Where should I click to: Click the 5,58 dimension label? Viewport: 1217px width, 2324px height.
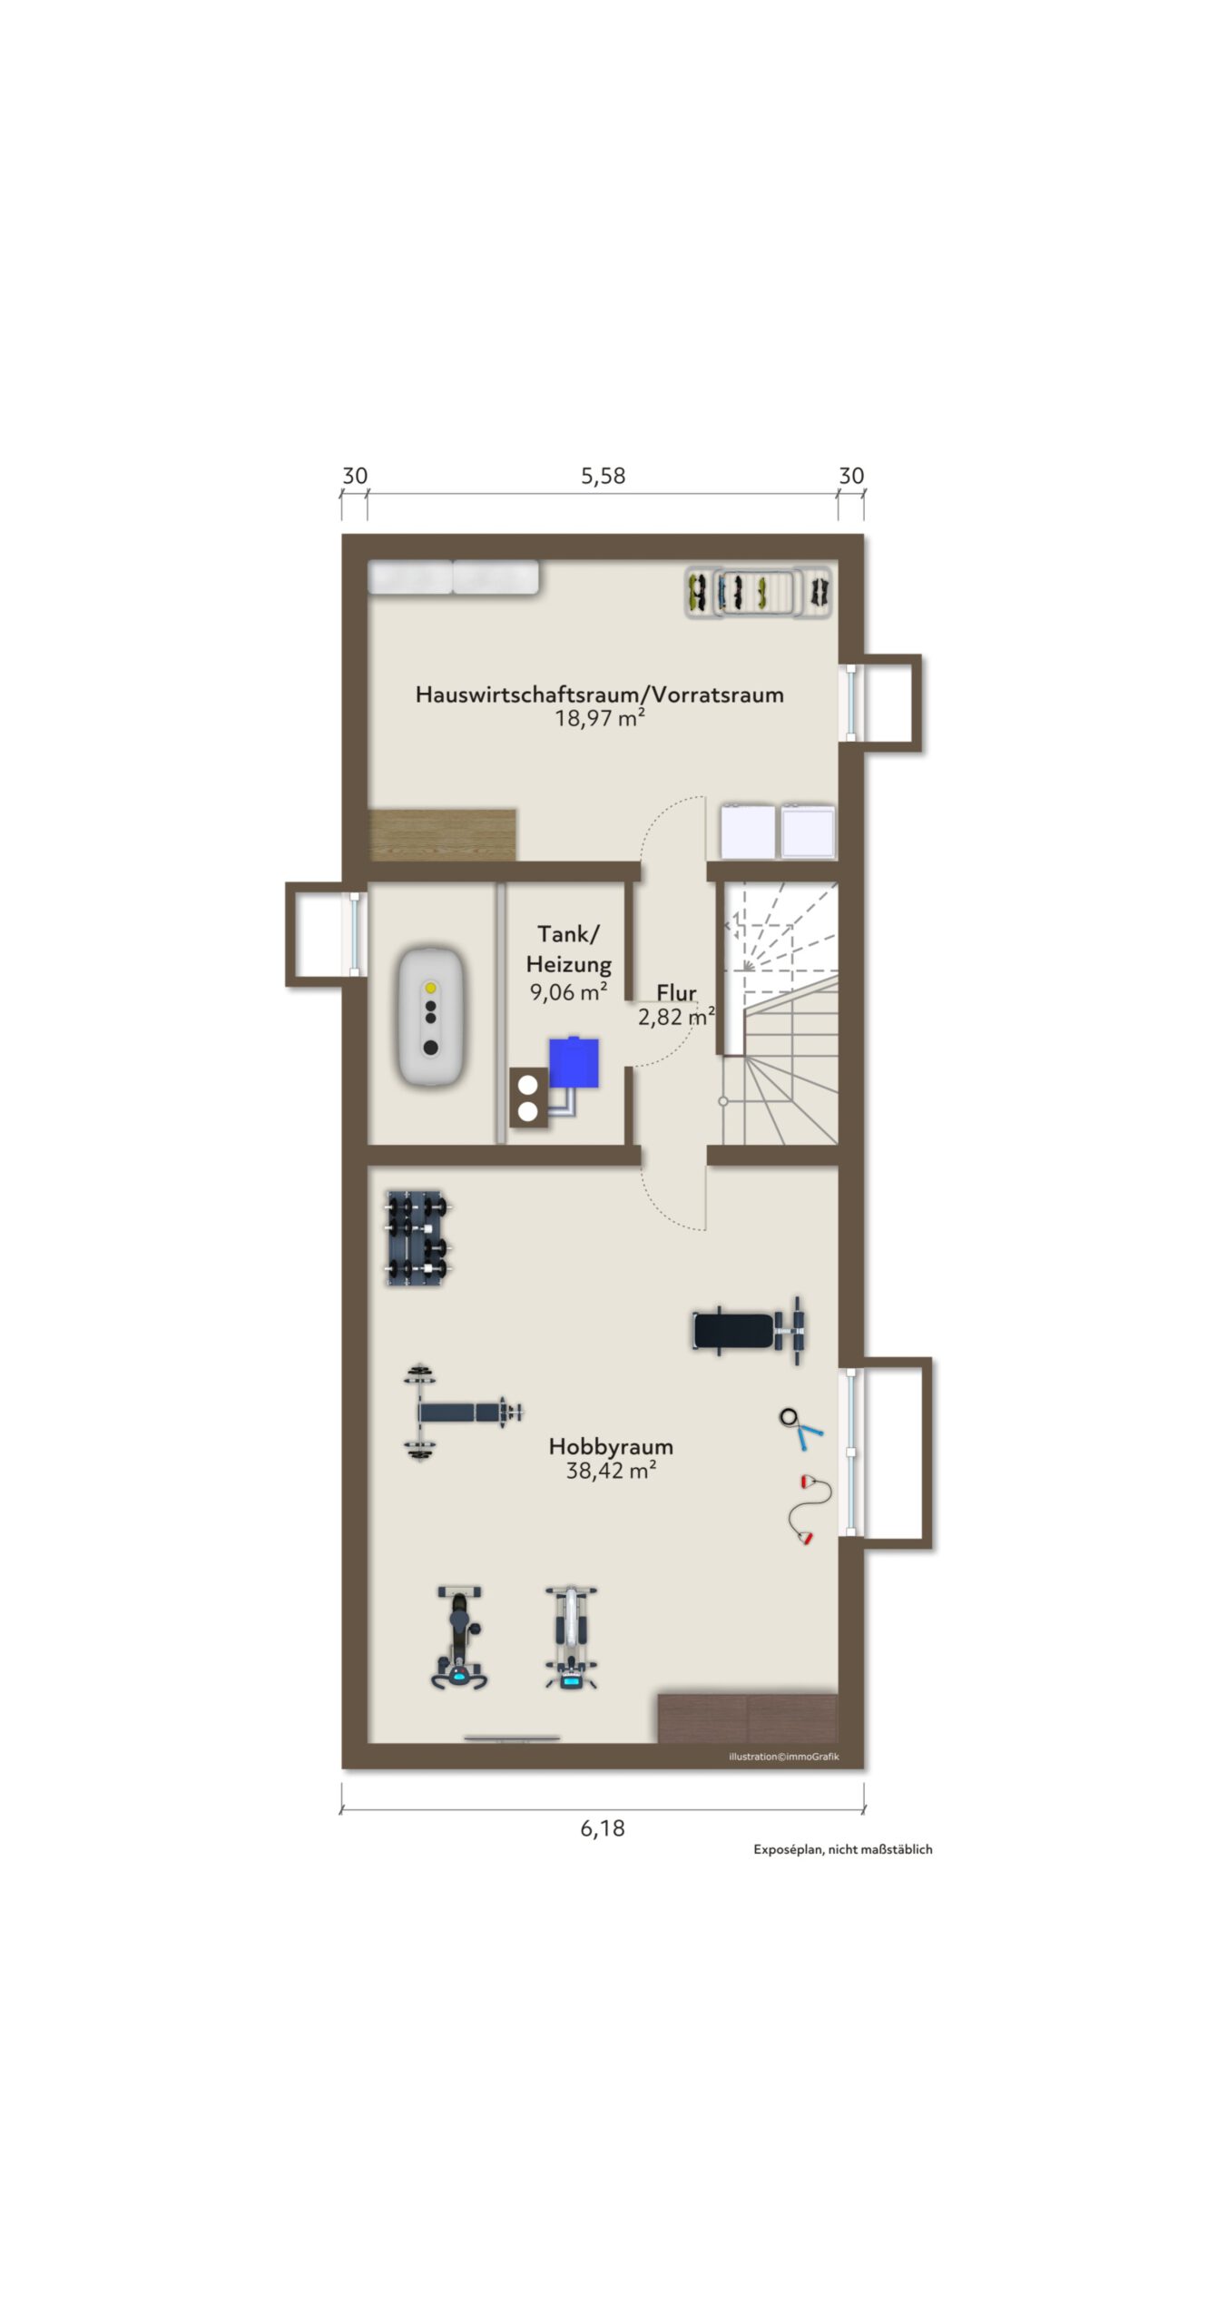coord(603,476)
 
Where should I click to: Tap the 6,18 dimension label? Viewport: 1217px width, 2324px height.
coord(603,1828)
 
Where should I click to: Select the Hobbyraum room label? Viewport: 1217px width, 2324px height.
coord(611,1446)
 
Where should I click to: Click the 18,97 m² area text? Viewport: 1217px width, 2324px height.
coord(600,718)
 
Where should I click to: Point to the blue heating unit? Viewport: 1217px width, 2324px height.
coord(574,1062)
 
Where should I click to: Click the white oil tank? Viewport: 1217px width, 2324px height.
coord(431,1016)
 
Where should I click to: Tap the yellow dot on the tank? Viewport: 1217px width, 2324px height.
coord(431,988)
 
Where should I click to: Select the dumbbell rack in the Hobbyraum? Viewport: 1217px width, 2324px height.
coord(418,1238)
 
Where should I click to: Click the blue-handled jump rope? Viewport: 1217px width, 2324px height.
coord(800,1427)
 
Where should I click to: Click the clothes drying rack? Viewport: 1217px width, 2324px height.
coord(758,593)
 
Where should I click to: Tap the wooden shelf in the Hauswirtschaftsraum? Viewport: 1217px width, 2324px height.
coord(443,834)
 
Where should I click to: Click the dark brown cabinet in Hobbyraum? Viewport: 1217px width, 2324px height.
coord(747,1718)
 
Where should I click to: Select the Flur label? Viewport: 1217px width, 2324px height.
coord(676,992)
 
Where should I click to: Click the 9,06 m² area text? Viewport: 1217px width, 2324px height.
coord(569,992)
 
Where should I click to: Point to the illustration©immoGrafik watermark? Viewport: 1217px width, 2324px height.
coord(784,1757)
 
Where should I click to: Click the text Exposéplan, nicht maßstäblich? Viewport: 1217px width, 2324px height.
coord(843,1849)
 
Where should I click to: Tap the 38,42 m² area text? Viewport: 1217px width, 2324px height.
coord(611,1471)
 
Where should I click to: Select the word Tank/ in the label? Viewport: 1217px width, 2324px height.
coord(568,934)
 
